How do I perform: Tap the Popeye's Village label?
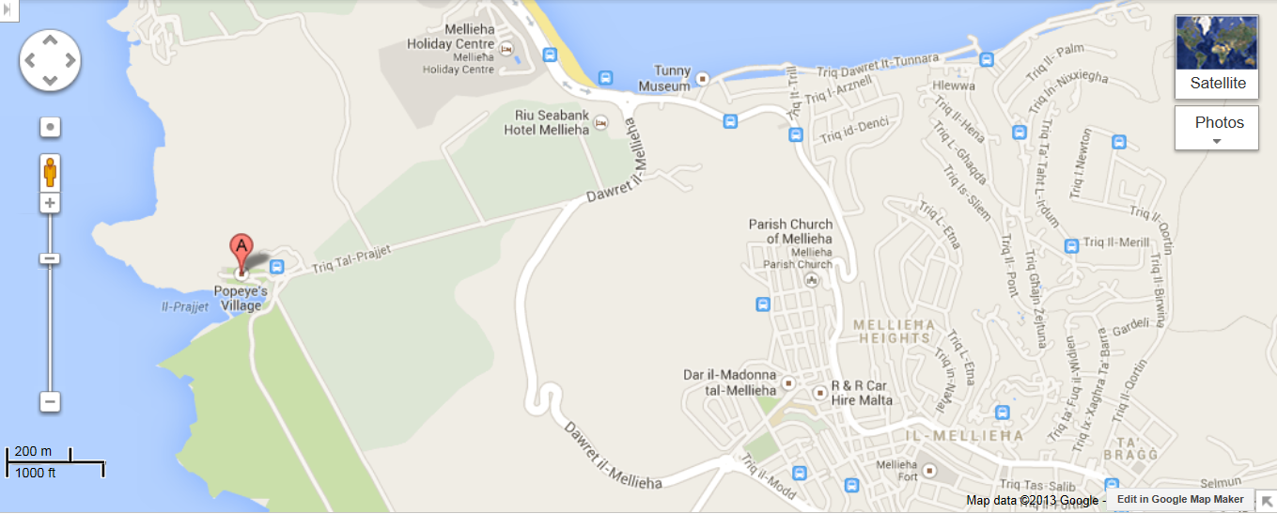(x=241, y=298)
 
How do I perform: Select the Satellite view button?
(x=1217, y=57)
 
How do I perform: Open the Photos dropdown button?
(x=1217, y=128)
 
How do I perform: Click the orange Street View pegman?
(x=50, y=173)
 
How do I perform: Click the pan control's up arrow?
(x=50, y=40)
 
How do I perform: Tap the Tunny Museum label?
(x=664, y=79)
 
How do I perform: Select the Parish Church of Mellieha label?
(x=790, y=230)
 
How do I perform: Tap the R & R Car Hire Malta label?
(x=862, y=393)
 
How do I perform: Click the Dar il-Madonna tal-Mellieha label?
(x=730, y=382)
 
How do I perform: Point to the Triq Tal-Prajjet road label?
(x=352, y=258)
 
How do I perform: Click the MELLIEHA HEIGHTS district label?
(x=892, y=331)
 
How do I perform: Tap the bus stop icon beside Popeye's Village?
(x=276, y=267)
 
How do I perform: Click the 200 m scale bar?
(x=55, y=461)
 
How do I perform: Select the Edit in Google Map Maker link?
(x=1180, y=499)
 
